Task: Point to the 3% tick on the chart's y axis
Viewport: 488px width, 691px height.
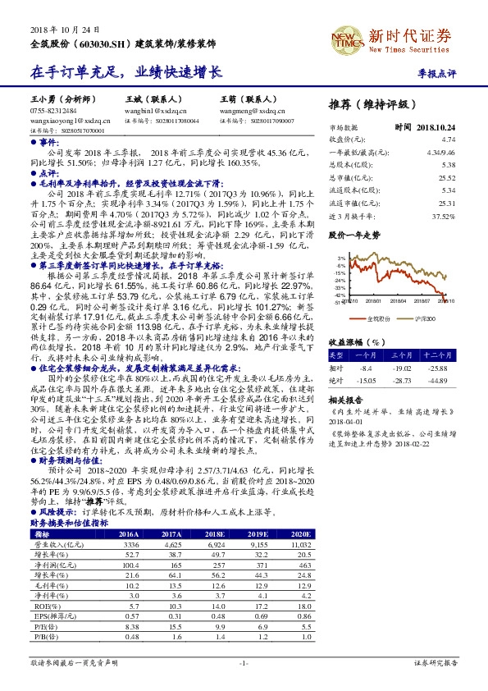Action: [339, 259]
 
